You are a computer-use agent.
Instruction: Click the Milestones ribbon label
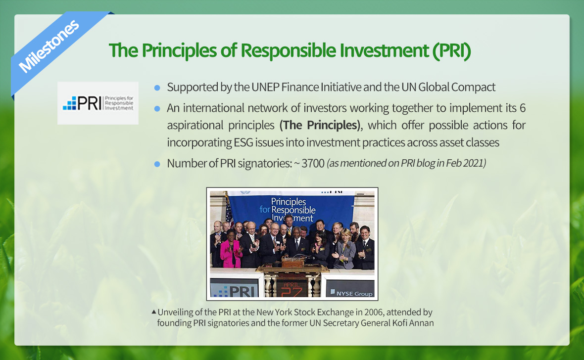(49, 46)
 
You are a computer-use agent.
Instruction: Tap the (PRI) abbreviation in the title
(452, 50)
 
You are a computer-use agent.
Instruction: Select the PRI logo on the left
(98, 103)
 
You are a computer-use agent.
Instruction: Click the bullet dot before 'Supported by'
(157, 88)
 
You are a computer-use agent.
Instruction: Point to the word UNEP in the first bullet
(265, 87)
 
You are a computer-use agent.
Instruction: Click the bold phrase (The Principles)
(320, 125)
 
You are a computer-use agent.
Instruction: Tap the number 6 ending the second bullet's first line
(523, 108)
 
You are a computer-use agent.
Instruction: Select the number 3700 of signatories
(313, 163)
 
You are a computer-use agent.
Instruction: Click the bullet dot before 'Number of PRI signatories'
(157, 164)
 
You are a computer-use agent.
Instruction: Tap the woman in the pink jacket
(230, 251)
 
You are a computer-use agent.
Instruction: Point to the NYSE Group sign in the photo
(350, 289)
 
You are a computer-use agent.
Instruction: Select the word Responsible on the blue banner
(293, 210)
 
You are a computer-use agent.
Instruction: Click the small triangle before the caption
(154, 312)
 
